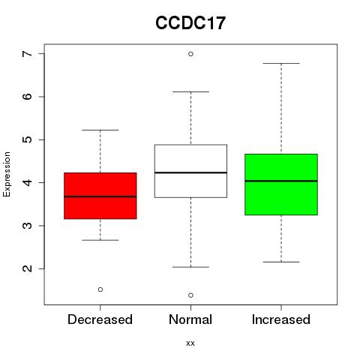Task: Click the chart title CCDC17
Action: (190, 23)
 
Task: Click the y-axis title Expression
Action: (7, 174)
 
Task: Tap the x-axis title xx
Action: (190, 343)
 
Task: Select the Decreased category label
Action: (100, 319)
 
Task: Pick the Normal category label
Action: (190, 319)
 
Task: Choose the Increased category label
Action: (281, 319)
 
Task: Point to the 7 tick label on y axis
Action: (27, 54)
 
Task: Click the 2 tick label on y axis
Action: (27, 268)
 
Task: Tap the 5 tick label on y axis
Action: (27, 139)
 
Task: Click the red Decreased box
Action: (100, 196)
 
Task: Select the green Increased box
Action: (281, 184)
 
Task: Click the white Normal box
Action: (190, 171)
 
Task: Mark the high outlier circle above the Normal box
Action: (190, 54)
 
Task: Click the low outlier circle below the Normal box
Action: (190, 295)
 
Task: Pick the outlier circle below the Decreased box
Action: (100, 289)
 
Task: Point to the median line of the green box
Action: (281, 181)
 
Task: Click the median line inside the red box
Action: (100, 196)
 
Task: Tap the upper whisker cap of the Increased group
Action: (281, 64)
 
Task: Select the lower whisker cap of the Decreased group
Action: (100, 240)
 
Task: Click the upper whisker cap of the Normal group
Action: (190, 91)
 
